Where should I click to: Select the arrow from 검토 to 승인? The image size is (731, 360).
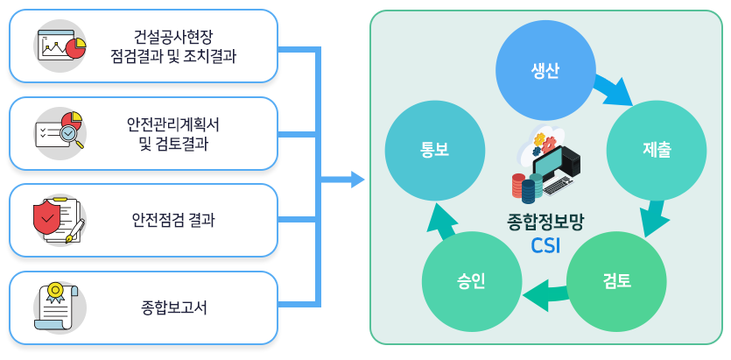tap(544, 295)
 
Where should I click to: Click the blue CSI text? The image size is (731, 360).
tap(545, 244)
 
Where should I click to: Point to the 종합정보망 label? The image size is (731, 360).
tap(545, 222)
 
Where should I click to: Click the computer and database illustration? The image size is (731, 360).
tap(545, 166)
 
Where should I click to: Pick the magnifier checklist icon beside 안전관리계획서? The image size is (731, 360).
tap(60, 133)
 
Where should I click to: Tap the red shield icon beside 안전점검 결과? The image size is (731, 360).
tap(59, 220)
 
